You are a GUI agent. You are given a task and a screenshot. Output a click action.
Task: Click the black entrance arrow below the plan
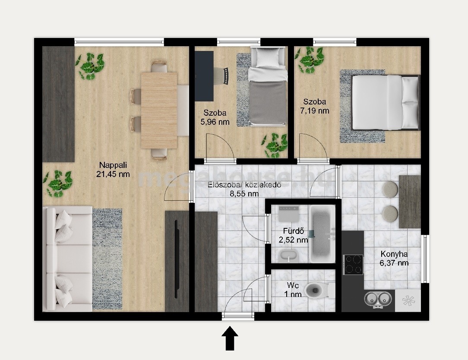point(230,338)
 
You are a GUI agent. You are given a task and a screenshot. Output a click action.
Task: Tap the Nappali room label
point(113,165)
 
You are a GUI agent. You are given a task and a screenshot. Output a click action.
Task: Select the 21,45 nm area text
point(113,174)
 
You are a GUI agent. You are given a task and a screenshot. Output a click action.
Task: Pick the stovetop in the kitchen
point(353,265)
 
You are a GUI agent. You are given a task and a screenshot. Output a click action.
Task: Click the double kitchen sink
point(378,299)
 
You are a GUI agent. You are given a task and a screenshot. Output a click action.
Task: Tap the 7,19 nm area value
point(315,111)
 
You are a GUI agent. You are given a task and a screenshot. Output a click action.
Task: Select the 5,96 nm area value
point(215,122)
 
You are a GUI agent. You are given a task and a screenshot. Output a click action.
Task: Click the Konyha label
point(394,254)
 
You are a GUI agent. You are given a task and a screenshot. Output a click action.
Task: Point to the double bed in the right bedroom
point(386,102)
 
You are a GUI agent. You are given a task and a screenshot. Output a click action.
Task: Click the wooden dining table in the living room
point(159,111)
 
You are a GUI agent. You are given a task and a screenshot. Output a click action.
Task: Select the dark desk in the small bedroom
point(204,76)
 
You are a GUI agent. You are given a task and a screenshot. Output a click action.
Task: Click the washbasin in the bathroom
point(288,256)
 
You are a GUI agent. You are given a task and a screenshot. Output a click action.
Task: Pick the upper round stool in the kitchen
point(390,189)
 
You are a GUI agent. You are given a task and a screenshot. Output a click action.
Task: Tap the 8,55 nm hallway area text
point(244,194)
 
